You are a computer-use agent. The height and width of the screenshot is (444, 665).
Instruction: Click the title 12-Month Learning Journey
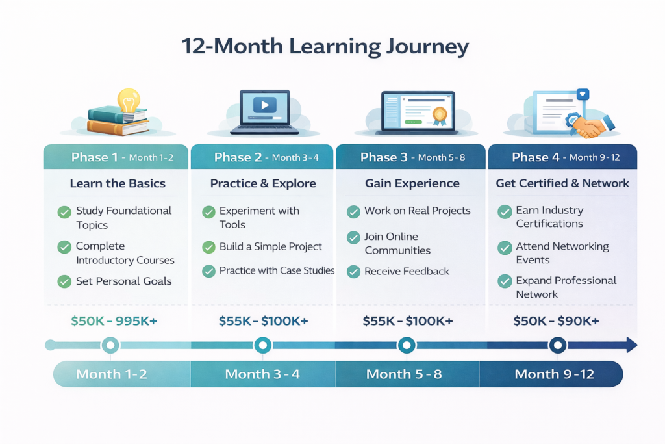coord(325,46)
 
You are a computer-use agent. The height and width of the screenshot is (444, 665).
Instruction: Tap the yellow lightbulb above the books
coord(129,100)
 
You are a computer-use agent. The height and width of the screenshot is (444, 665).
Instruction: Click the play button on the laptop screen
coord(265,105)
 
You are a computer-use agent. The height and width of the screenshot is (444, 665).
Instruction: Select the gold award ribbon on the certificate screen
coord(440,116)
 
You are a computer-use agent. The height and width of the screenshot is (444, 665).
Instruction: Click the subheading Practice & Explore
coord(263,183)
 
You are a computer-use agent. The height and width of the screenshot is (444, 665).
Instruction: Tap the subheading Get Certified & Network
coord(562,183)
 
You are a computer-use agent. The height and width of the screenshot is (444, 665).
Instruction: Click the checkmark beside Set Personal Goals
coord(64,281)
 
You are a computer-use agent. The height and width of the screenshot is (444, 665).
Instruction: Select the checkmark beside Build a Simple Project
coord(208,246)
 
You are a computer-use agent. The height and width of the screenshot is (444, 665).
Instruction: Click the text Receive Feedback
coord(407,271)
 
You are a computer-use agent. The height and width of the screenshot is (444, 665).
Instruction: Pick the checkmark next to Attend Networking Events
coord(505,248)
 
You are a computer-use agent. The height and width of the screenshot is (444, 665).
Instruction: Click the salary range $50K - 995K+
coord(114,321)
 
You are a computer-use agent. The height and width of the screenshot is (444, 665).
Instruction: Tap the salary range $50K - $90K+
coord(556,321)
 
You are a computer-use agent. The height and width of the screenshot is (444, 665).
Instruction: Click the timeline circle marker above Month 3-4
coord(262,345)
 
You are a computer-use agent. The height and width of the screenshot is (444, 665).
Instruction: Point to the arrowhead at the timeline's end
coord(631,345)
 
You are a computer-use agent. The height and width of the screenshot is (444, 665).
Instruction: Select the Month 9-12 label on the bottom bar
coord(555,374)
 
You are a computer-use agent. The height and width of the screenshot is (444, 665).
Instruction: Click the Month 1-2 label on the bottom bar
coord(112,374)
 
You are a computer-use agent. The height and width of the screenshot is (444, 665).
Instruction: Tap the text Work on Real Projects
coord(418,211)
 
